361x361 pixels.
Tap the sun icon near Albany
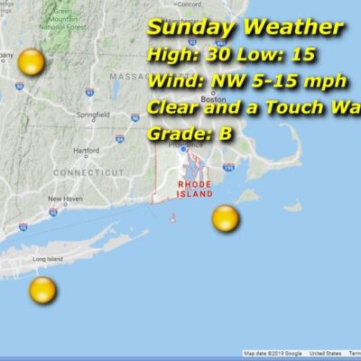(x=31, y=63)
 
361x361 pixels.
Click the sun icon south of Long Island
(x=42, y=291)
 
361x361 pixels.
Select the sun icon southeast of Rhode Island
(x=225, y=218)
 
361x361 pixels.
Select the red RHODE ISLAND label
(x=195, y=190)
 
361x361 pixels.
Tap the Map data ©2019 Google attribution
(x=273, y=354)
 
